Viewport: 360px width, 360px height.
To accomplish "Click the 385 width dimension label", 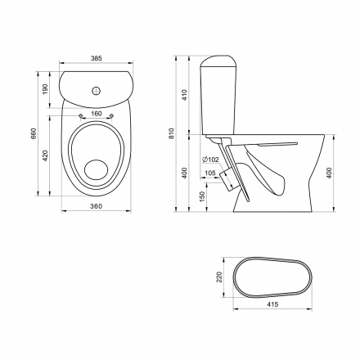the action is coord(97,58).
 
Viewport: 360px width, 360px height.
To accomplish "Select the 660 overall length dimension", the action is coord(34,133).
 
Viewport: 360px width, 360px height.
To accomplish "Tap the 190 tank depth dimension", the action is coord(45,89).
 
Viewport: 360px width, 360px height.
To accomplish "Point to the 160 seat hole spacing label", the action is coord(97,114).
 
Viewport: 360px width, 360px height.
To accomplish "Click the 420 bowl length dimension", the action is coord(45,155).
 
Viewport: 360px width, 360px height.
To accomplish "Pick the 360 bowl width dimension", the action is coord(96,206).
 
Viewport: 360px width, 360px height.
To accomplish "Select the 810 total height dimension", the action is coord(172,133).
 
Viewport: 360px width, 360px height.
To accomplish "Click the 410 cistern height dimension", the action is coord(185,95).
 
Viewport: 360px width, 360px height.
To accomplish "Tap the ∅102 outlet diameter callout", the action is coord(210,160).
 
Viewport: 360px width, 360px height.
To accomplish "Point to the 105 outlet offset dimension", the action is coord(210,173).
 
